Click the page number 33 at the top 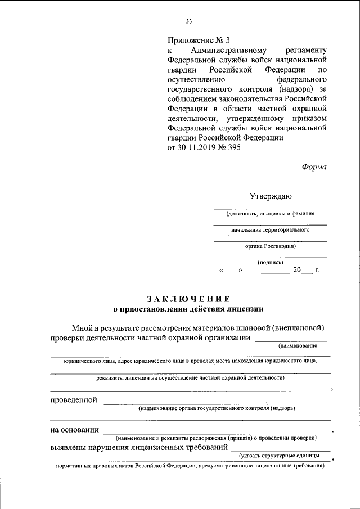(189, 22)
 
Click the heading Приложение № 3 (199, 40)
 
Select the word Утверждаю (271, 196)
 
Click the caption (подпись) (271, 262)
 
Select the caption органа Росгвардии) (271, 246)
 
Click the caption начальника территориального (271, 229)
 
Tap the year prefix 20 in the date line (296, 271)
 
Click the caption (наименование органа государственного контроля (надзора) (217, 409)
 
